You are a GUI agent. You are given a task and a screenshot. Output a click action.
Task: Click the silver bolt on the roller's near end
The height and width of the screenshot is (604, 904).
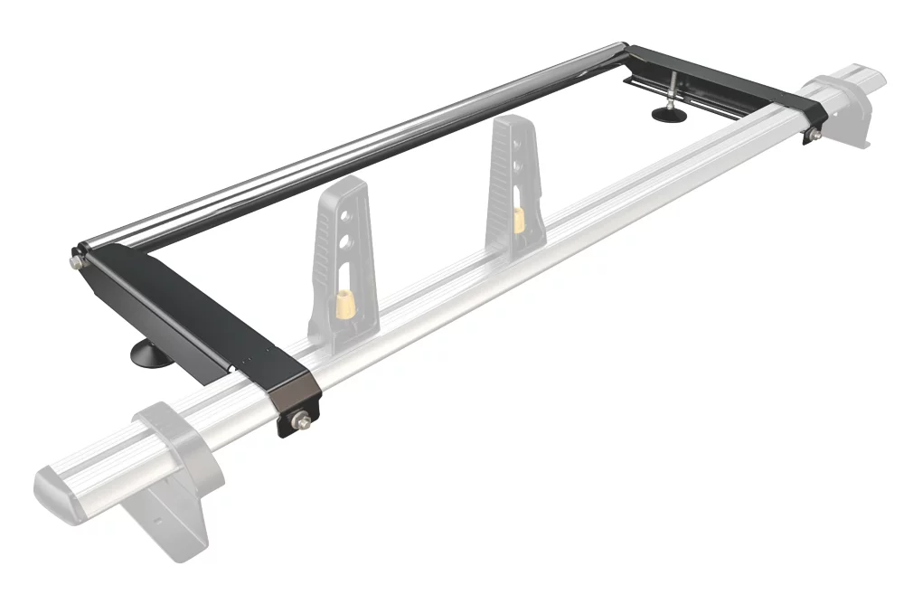point(73,262)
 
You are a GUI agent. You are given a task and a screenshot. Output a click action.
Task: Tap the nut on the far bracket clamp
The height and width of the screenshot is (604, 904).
point(812,135)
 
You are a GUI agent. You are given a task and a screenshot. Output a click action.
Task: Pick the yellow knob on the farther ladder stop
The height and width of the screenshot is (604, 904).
point(519,219)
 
